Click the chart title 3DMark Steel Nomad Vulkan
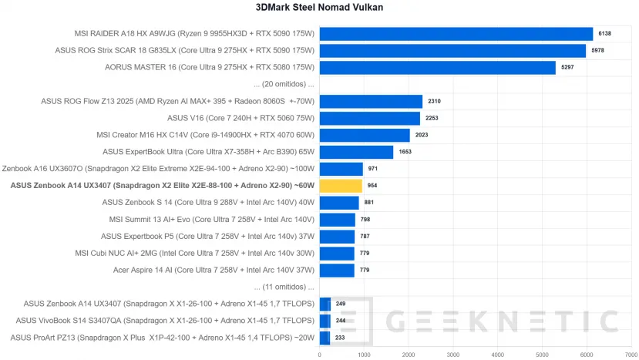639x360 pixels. (x=319, y=8)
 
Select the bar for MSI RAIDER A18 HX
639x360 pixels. (x=456, y=34)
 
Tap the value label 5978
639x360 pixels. (x=598, y=51)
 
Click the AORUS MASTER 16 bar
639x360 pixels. (x=437, y=68)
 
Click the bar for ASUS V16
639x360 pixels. (x=369, y=118)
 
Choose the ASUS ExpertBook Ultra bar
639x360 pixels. (x=356, y=152)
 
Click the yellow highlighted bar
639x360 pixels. (x=341, y=186)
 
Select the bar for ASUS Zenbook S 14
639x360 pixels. (x=339, y=203)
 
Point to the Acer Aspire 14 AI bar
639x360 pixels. (x=337, y=270)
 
